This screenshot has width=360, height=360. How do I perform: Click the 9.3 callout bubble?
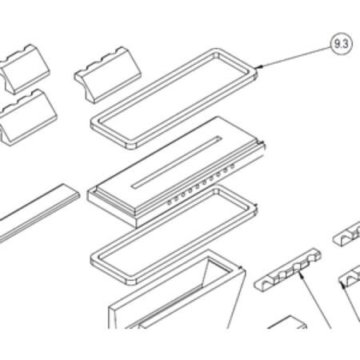click(x=342, y=44)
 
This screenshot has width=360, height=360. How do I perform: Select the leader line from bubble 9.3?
click(x=294, y=58)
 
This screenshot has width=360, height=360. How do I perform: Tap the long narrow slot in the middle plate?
click(x=177, y=162)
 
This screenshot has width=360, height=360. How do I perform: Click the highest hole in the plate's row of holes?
click(x=232, y=166)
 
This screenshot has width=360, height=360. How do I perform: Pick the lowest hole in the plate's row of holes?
click(x=169, y=202)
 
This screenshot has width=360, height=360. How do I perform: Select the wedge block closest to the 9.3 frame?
click(x=108, y=75)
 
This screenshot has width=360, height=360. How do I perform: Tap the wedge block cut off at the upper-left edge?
click(x=23, y=69)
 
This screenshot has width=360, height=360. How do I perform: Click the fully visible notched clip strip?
click(x=287, y=270)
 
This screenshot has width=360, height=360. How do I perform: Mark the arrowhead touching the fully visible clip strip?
click(x=301, y=274)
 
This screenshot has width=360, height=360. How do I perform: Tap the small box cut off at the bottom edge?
click(x=287, y=322)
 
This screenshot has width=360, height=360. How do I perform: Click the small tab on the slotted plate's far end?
click(x=262, y=145)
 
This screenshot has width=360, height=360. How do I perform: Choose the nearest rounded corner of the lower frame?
click(x=130, y=281)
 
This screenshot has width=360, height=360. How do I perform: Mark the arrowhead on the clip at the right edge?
click(x=343, y=286)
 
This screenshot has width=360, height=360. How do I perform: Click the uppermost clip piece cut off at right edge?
click(x=347, y=234)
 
